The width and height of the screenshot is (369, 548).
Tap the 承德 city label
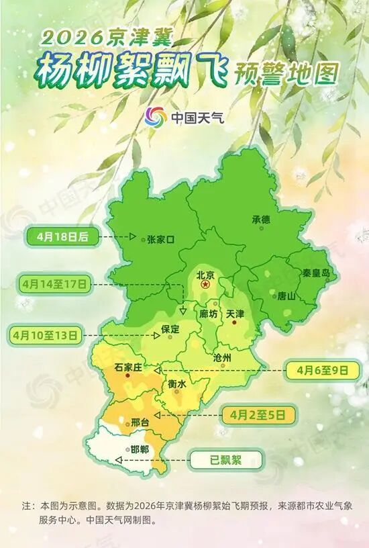261,219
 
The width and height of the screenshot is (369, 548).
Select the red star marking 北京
206,285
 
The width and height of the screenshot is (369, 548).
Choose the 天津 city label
235,314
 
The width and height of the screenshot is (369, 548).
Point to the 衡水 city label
176,383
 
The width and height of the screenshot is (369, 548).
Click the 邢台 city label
140,422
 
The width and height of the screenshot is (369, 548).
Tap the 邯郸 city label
140,450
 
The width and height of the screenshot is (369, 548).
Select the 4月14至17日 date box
54,285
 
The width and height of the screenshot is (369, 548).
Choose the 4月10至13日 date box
44,332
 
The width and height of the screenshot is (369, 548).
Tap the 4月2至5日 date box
262,414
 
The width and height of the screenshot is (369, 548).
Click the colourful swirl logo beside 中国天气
156,118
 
